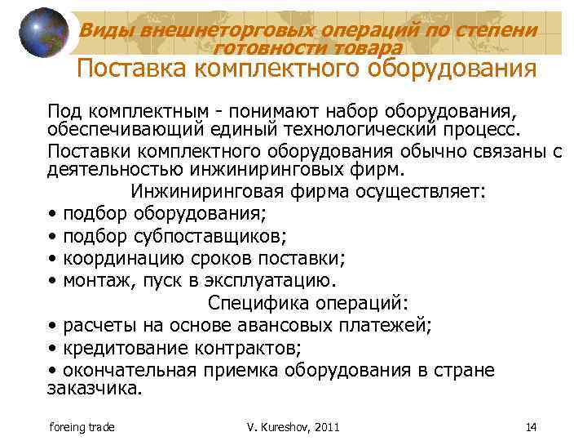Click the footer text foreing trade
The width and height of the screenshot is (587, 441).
82,426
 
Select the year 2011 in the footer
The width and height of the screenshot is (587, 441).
325,426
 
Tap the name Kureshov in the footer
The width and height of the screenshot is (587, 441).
282,426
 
